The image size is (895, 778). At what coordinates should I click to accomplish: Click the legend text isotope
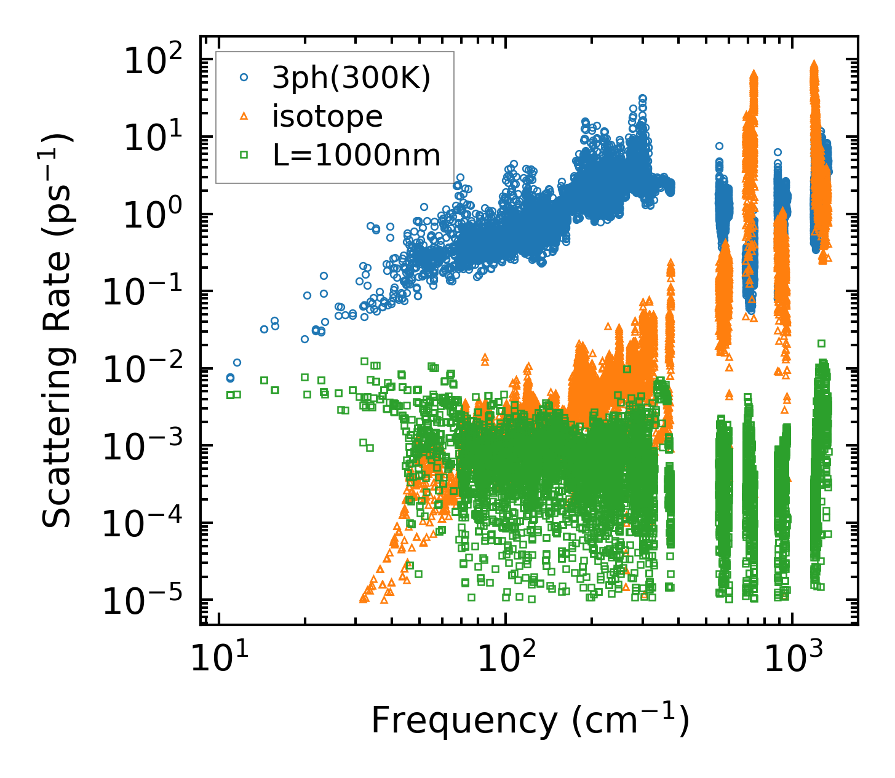[327, 116]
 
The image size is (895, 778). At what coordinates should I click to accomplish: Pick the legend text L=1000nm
[357, 155]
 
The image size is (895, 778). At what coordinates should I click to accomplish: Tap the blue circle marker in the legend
[244, 77]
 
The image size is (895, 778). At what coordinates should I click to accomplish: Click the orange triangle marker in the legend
[244, 116]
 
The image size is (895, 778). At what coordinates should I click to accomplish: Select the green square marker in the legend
[244, 155]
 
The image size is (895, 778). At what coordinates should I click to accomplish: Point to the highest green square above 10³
[821, 343]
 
